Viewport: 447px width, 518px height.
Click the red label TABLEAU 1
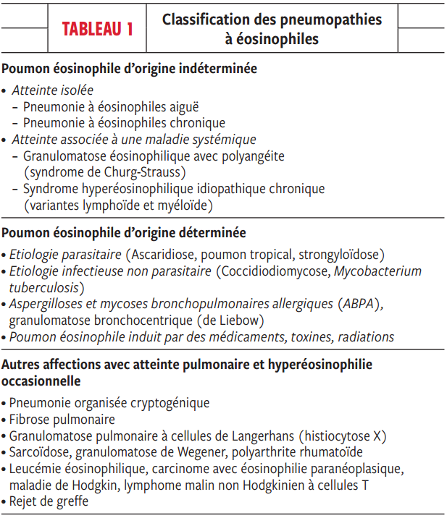tap(98, 30)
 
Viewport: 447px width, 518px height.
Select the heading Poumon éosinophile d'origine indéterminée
tap(130, 70)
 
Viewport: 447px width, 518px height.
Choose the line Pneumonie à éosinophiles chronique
tap(124, 123)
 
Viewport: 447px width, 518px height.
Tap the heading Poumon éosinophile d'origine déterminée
tap(124, 233)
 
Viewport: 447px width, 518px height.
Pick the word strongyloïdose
tap(340, 255)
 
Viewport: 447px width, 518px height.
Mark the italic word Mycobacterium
tap(381, 271)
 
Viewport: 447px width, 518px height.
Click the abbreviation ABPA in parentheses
tap(360, 304)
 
